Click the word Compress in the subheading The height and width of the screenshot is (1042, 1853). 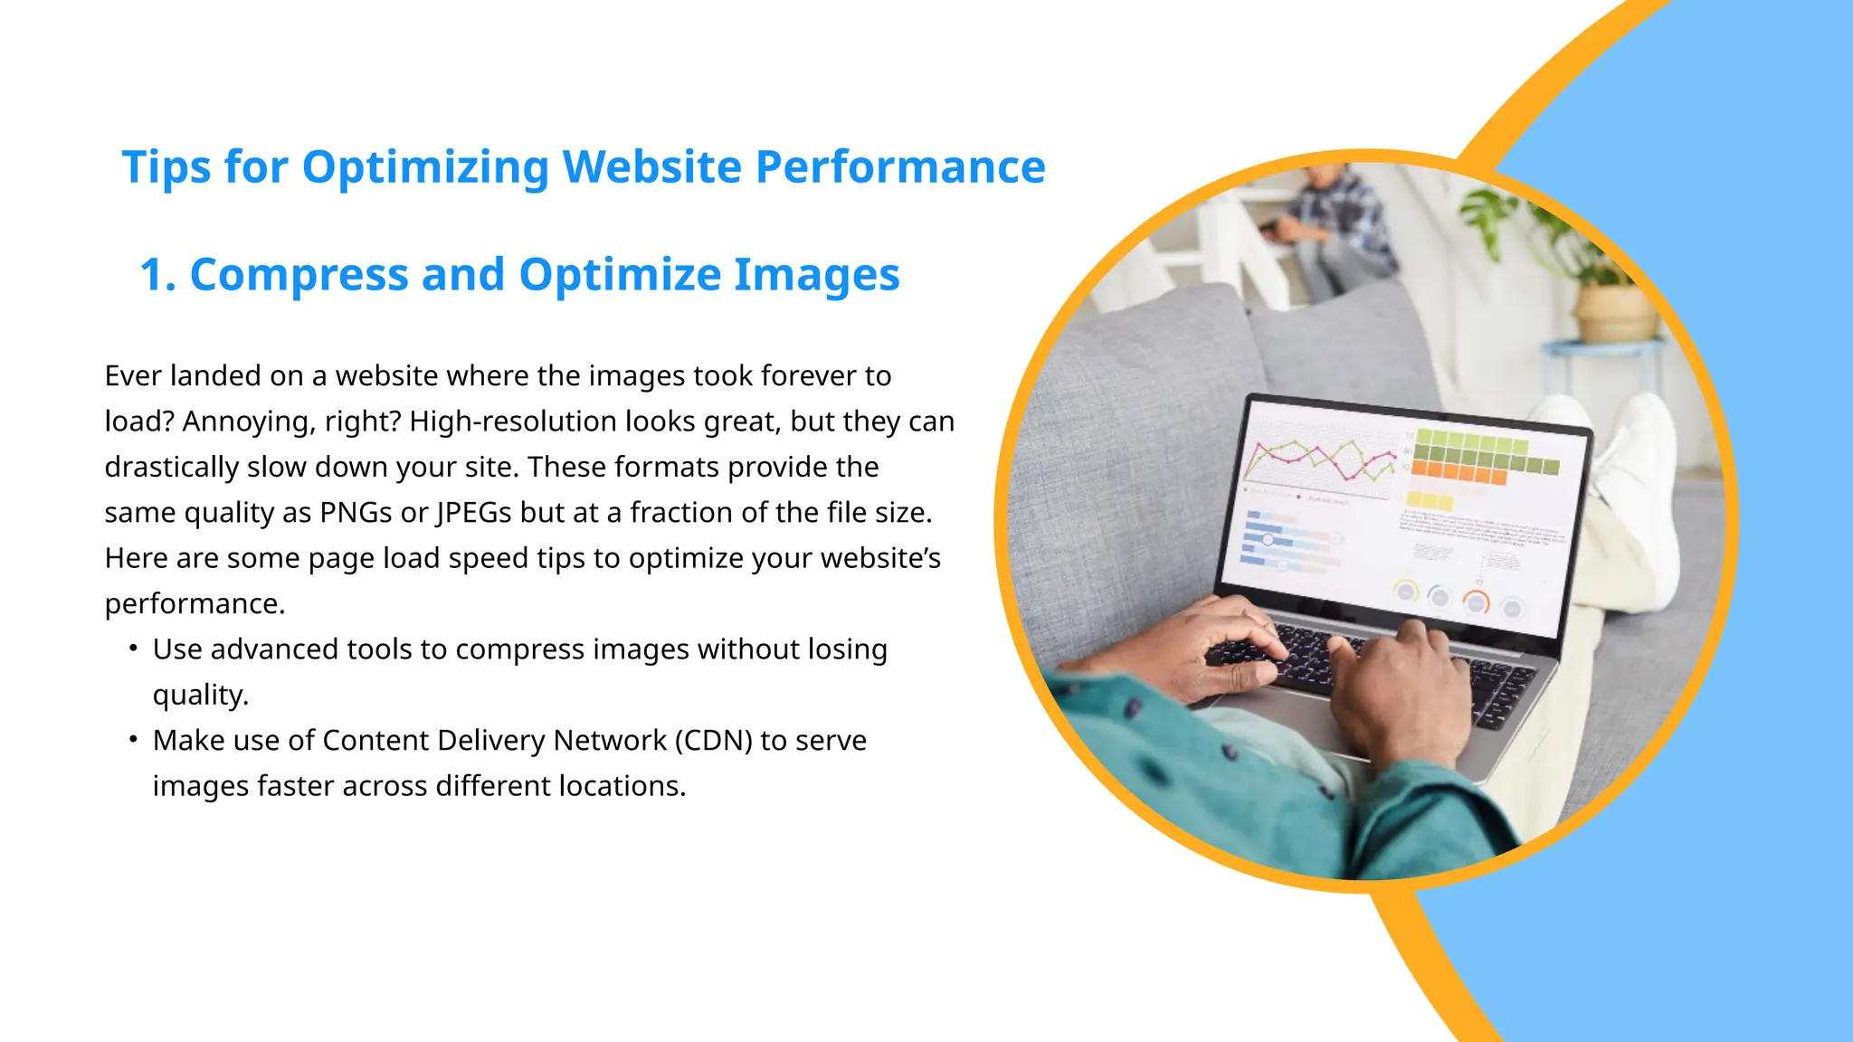299,275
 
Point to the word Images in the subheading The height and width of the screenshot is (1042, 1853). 816,275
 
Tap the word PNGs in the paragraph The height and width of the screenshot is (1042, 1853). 356,513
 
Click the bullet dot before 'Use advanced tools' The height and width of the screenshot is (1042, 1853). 133,649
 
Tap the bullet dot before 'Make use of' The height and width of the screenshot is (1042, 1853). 133,740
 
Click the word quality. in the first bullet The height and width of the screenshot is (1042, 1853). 200,695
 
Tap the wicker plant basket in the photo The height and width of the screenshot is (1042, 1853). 1614,313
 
